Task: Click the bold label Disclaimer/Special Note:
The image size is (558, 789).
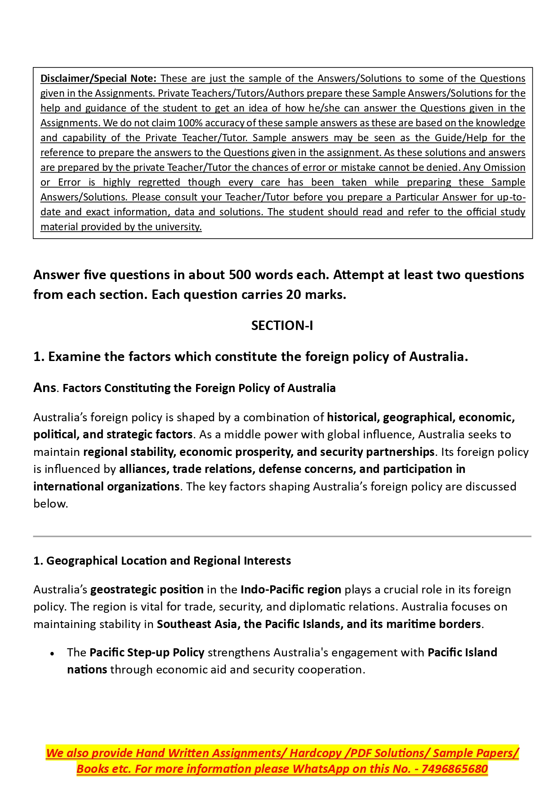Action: (x=98, y=79)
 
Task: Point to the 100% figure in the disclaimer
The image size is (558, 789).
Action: (x=190, y=123)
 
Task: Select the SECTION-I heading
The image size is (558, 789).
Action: (x=282, y=325)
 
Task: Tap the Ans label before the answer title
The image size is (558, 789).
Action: (x=45, y=388)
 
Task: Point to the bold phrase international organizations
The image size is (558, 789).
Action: (x=106, y=487)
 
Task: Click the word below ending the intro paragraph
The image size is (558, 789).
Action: (x=50, y=504)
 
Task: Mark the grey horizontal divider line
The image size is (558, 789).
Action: (x=282, y=536)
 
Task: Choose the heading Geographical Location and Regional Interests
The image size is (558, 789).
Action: (x=168, y=561)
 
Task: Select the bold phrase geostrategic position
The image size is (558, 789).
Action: (x=147, y=590)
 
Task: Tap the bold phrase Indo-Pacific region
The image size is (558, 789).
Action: (x=291, y=590)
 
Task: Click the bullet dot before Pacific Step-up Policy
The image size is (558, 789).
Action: (x=53, y=654)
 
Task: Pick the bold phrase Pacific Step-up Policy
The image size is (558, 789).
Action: (x=147, y=653)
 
